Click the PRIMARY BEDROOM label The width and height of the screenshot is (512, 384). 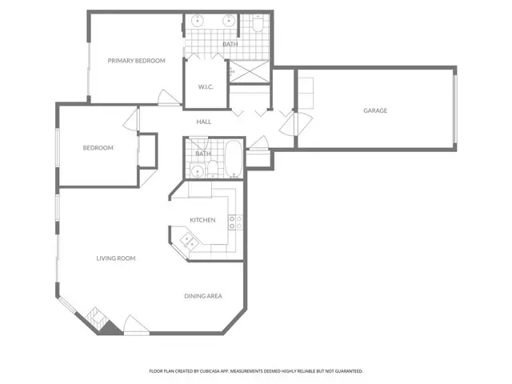coord(137,61)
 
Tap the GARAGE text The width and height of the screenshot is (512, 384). coord(375,110)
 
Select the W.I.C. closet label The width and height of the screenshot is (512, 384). coord(205,87)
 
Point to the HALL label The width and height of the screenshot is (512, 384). coord(204,121)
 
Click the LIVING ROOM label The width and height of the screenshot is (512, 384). coord(116,258)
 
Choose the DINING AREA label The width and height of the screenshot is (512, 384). coord(203,297)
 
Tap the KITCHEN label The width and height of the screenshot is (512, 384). coord(202,220)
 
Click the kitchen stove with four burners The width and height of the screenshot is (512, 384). coord(234,222)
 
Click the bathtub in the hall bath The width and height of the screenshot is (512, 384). coord(231,159)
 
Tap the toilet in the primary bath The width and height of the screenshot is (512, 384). coord(255,26)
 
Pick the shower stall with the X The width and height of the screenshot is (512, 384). coord(250,71)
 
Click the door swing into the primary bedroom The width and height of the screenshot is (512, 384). coord(168,98)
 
